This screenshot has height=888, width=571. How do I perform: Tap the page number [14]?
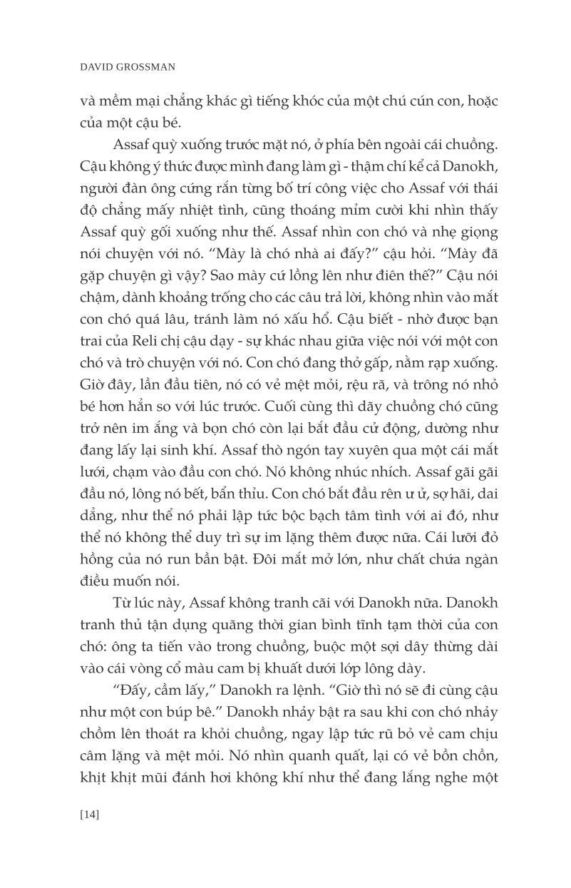[90, 814]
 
